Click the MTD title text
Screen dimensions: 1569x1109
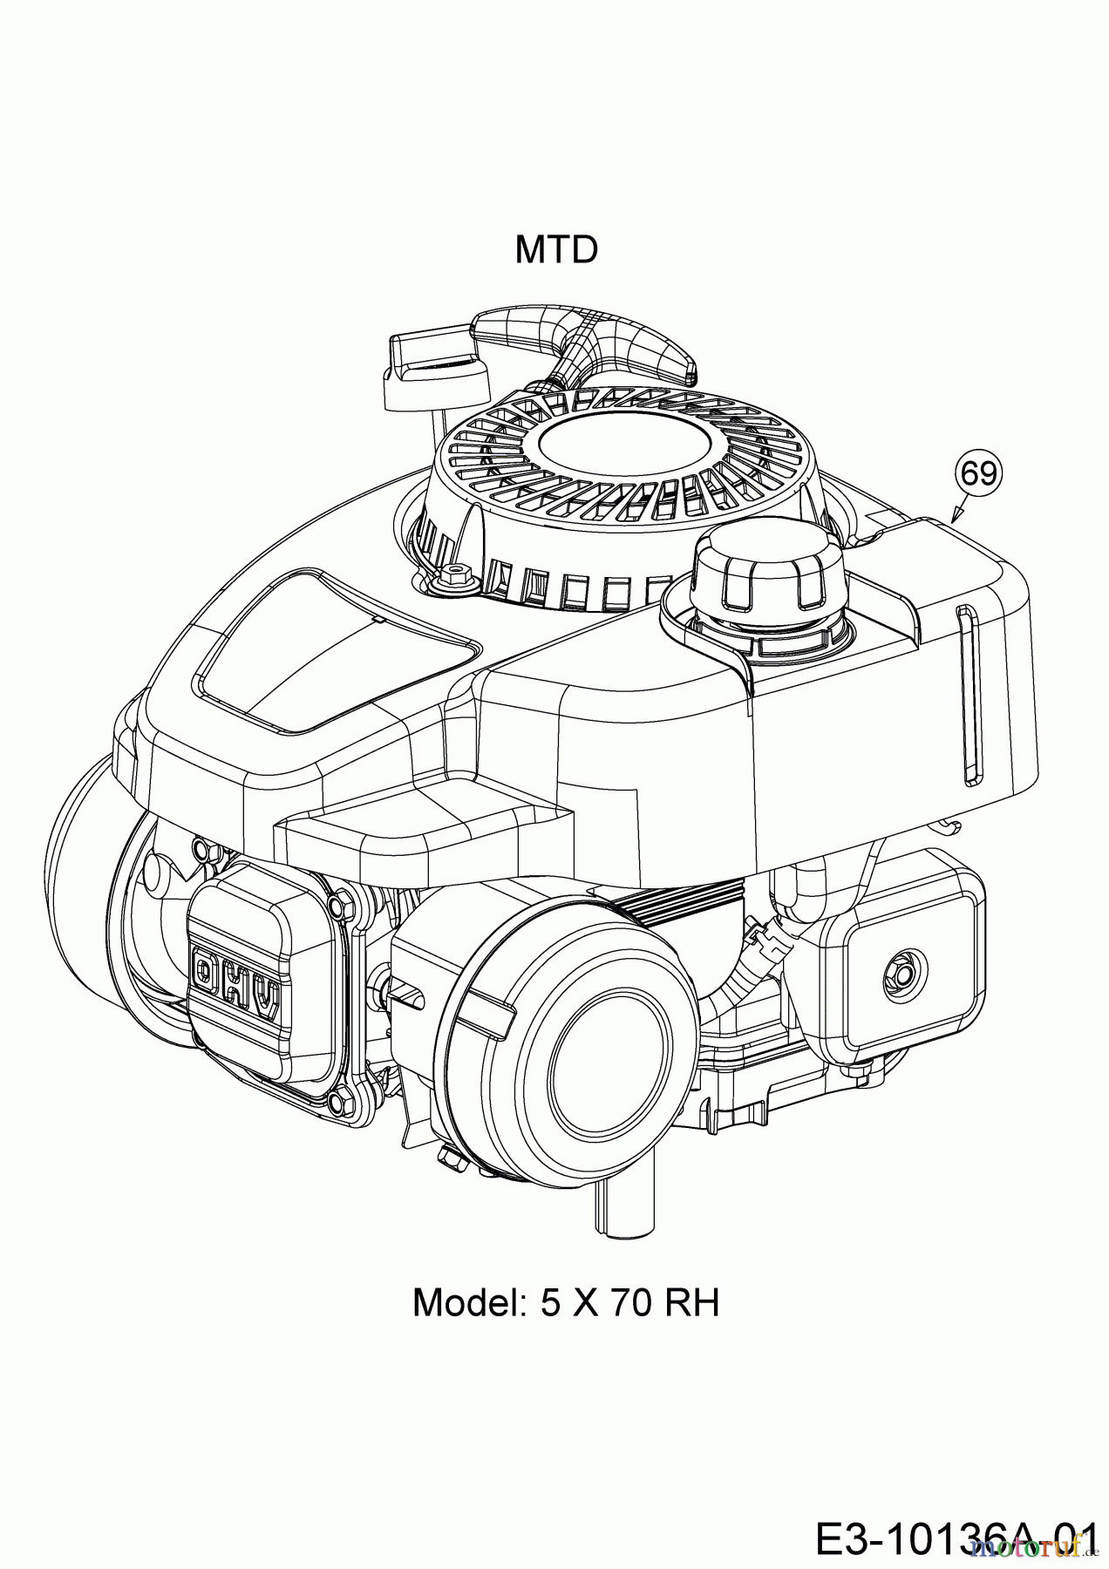pos(556,250)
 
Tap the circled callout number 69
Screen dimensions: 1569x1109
pos(979,473)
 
